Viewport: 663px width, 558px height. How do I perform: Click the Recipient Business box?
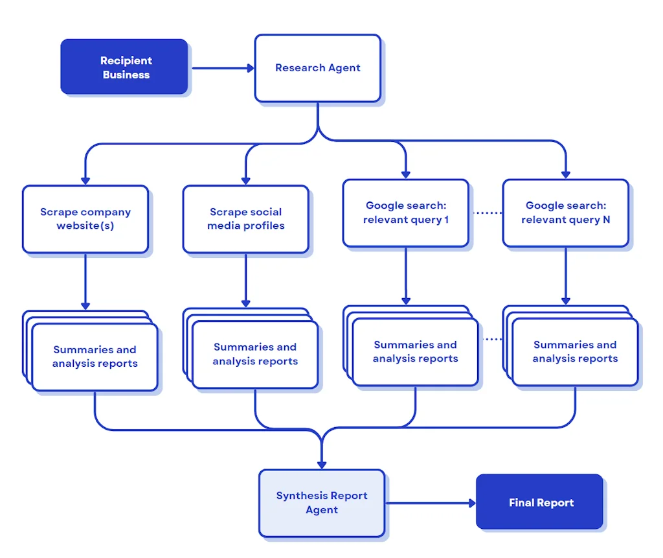(x=124, y=67)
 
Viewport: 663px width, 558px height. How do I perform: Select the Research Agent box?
(x=317, y=68)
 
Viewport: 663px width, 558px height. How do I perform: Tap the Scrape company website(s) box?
(x=85, y=219)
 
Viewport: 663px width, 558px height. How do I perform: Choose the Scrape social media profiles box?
(x=245, y=219)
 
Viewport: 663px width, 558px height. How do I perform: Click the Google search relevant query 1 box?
(x=405, y=213)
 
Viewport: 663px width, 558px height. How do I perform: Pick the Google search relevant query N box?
(x=565, y=213)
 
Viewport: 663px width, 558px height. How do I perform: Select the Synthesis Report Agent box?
(x=322, y=503)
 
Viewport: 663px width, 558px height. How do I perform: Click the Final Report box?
(x=540, y=502)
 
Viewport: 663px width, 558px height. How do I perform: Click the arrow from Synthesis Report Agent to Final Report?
(x=431, y=502)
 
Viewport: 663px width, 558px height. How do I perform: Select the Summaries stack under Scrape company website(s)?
(x=95, y=356)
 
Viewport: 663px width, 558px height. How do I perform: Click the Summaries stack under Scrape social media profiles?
(x=255, y=355)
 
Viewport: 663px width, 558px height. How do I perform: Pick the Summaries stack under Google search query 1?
(x=415, y=352)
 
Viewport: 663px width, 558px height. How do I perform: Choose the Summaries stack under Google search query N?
(x=575, y=352)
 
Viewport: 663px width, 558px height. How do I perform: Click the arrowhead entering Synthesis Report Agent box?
(x=322, y=464)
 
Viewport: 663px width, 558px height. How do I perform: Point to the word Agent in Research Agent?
(x=344, y=68)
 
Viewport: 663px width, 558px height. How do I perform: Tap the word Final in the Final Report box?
(x=521, y=503)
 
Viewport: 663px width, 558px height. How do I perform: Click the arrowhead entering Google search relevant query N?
(x=565, y=174)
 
